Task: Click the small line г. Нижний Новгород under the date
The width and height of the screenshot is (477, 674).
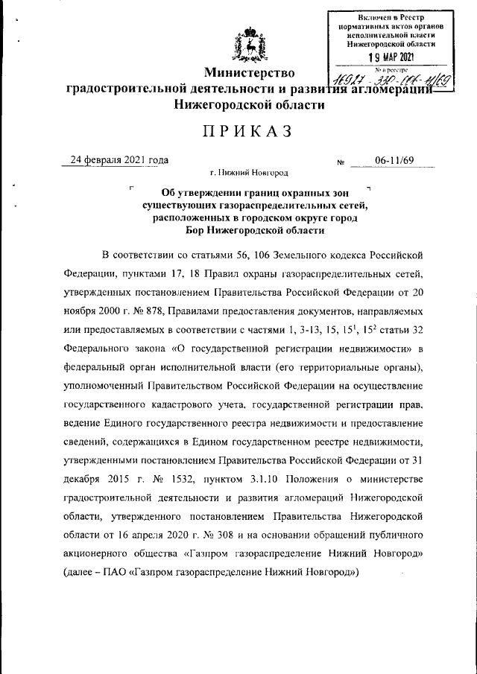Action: (249, 174)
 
